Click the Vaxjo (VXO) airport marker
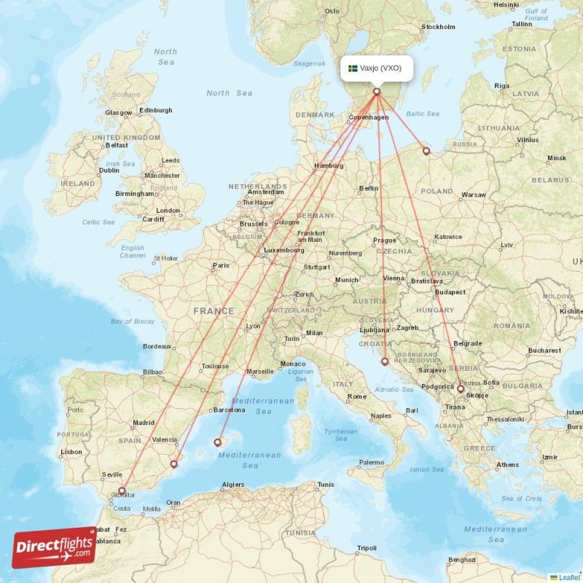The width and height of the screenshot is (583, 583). click(377, 91)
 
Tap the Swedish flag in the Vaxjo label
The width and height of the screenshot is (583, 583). click(353, 69)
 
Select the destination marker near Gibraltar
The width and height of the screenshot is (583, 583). click(122, 490)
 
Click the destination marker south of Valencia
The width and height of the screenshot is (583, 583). click(173, 463)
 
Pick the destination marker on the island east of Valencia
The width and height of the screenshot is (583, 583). click(217, 442)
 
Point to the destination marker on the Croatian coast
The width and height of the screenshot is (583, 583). click(385, 361)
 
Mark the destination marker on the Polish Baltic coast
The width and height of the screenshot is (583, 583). click(426, 152)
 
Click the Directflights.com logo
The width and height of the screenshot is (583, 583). click(54, 547)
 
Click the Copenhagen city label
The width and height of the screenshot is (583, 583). click(369, 117)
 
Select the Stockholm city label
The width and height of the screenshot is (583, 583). click(438, 27)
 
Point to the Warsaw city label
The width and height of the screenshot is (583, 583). click(473, 195)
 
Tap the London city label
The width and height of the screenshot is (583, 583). click(168, 211)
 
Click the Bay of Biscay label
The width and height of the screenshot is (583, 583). click(133, 321)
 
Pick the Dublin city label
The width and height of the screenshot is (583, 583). click(109, 171)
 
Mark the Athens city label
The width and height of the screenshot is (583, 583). click(508, 464)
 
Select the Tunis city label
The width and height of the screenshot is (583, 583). click(326, 484)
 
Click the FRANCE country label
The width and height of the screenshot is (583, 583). click(214, 310)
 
